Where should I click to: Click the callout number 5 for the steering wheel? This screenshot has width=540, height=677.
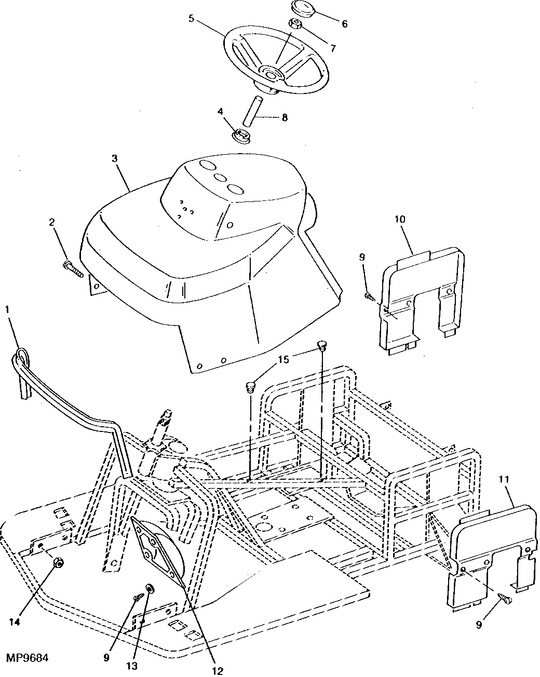point(191,18)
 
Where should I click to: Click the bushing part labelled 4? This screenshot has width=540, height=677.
point(242,134)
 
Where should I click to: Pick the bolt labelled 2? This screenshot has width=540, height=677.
point(73,268)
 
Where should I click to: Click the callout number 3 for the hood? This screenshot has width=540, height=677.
point(114,158)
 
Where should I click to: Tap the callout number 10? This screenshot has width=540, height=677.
point(400,219)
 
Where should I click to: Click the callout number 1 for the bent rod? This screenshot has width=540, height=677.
point(7,309)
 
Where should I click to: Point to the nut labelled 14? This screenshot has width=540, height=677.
point(58,563)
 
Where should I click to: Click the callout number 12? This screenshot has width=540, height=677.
point(218,670)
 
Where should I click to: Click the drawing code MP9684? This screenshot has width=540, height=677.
point(27,658)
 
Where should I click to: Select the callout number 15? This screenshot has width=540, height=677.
point(284,359)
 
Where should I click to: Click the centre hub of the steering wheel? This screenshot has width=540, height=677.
point(271,73)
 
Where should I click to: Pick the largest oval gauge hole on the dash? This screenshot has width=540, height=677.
point(236,189)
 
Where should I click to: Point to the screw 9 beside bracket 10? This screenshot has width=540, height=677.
point(369,296)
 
